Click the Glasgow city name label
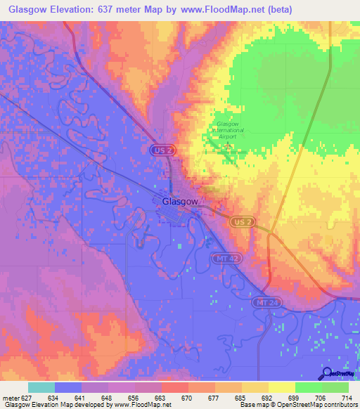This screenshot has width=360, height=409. pos(180,201)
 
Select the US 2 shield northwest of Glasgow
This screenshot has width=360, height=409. pos(161,150)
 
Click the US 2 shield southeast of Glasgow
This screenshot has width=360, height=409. pos(240,221)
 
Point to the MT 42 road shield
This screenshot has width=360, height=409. pos(222,259)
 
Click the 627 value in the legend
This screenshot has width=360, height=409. pos(27,397)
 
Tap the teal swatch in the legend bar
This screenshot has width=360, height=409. pos(41,387)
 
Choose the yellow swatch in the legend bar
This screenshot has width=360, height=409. pos(281,387)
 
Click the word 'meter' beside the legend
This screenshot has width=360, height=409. pos(10,397)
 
